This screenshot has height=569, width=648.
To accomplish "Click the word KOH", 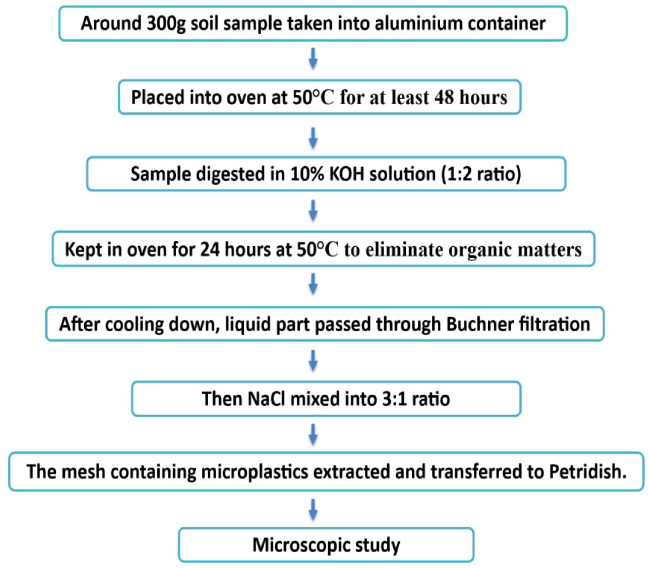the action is [x=347, y=174].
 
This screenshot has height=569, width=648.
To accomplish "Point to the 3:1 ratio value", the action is [x=416, y=399].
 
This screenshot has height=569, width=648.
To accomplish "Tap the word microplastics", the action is [x=255, y=471].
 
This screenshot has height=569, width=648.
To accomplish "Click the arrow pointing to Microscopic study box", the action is [x=313, y=510].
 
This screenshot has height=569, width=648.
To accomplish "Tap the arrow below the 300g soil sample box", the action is [x=313, y=59].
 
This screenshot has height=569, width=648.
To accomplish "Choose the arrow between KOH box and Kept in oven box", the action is [x=313, y=210].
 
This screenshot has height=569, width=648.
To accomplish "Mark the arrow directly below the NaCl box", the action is [x=313, y=434].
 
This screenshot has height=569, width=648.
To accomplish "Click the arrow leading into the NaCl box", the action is [x=313, y=361].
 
